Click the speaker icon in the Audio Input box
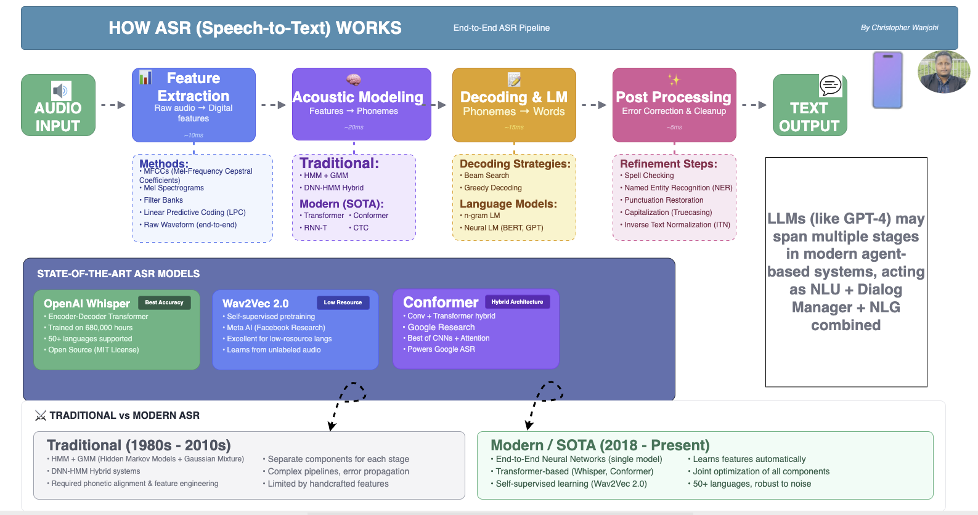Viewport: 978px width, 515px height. tap(60, 91)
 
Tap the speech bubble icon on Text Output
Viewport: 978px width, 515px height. tap(830, 85)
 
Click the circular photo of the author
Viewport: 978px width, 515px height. tap(943, 72)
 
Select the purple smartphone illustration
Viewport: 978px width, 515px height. tap(887, 80)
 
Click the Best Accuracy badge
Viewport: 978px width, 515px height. tap(164, 302)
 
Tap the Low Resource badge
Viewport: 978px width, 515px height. tap(343, 302)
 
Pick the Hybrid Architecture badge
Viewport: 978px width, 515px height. tap(517, 302)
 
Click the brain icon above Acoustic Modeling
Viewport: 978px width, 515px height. tap(353, 79)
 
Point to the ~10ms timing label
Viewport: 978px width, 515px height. tap(194, 135)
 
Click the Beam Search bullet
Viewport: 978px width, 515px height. tap(486, 176)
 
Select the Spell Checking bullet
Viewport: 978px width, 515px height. tap(649, 176)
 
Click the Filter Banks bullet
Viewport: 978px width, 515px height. tap(163, 200)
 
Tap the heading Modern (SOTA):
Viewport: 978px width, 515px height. tap(341, 204)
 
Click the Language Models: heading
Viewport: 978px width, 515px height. tap(508, 204)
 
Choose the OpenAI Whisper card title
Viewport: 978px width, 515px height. tap(87, 304)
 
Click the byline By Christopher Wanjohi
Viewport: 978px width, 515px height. tap(899, 28)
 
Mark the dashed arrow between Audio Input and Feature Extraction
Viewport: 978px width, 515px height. tap(113, 105)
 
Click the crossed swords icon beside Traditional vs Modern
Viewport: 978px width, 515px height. tap(41, 415)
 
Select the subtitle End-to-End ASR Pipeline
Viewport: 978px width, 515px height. tap(501, 28)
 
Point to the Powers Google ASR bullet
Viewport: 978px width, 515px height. tap(441, 349)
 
